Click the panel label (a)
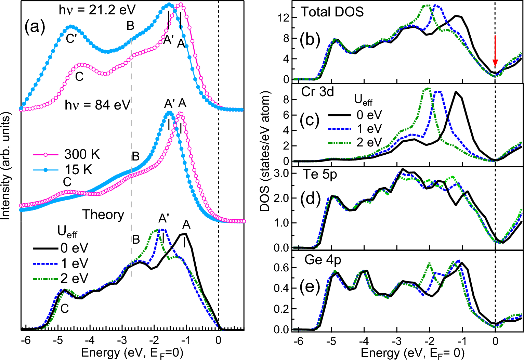[35, 27]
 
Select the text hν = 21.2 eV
[97, 10]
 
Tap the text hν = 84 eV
[97, 105]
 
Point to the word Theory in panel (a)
[103, 215]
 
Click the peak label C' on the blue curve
[71, 39]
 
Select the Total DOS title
[332, 12]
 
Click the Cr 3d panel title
[317, 92]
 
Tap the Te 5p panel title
[319, 175]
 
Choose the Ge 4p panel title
[323, 260]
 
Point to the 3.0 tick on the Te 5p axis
[281, 173]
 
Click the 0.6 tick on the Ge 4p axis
[281, 267]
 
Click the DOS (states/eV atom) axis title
[265, 151]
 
